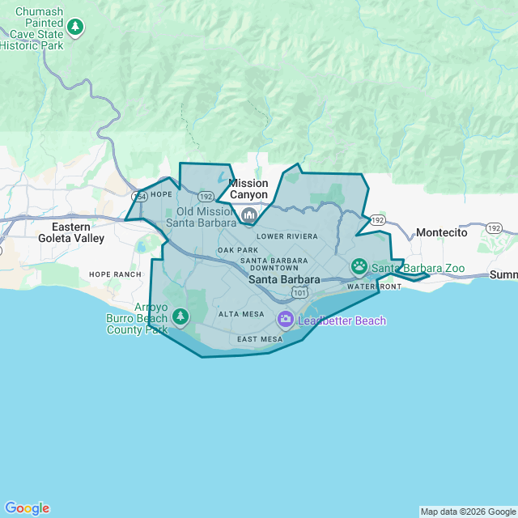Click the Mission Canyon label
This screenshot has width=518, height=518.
pos(248,189)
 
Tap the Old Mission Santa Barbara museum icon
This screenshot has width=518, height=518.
pos(249,215)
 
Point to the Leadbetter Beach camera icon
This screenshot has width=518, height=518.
pos(285,321)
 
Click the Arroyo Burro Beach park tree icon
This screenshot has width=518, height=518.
pos(180,316)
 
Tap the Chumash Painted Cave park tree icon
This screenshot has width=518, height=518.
pos(75,28)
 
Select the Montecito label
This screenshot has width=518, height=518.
pos(442,232)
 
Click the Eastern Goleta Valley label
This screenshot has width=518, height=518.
pos(71,232)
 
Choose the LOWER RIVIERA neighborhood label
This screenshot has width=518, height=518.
pos(287,236)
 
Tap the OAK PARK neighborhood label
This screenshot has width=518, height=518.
pos(237,250)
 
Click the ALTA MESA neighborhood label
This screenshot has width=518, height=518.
pos(241,314)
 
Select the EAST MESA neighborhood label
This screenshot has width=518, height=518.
pos(260,338)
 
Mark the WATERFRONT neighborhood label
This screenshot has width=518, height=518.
pos(374,287)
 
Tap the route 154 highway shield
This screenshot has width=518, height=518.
pos(139,196)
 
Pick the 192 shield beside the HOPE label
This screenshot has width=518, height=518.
pos(206,196)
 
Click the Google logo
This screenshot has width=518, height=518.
pos(27,508)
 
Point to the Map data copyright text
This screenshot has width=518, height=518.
pos(467,512)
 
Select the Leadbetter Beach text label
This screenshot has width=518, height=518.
pos(342,321)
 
